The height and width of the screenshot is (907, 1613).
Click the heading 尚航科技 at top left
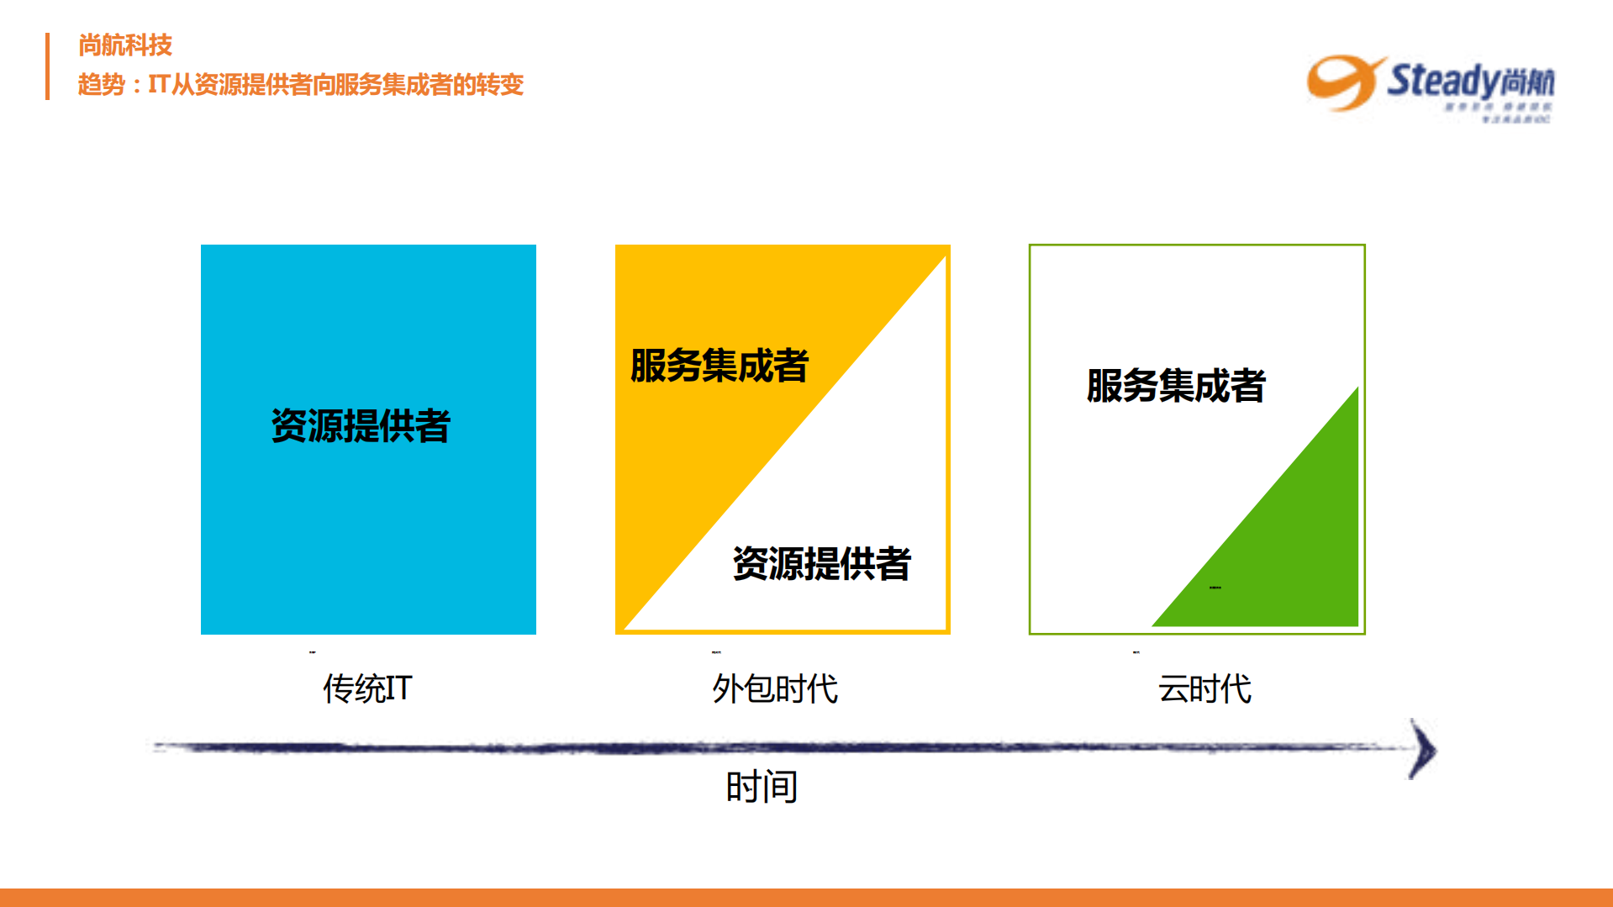(x=124, y=45)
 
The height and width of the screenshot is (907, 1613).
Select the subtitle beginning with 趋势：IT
(x=300, y=85)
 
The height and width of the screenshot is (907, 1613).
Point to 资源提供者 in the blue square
(x=361, y=425)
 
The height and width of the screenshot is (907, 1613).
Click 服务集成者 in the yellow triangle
(x=719, y=366)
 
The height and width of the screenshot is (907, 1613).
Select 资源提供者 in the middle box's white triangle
(x=821, y=563)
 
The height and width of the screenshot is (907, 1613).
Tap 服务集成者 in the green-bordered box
(x=1175, y=386)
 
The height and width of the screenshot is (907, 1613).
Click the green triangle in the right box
(x=1294, y=546)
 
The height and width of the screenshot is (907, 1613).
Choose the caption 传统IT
(x=367, y=688)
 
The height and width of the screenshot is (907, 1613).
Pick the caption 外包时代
(x=774, y=688)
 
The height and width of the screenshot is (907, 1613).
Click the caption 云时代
(x=1204, y=688)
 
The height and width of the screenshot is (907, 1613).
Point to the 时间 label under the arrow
(x=762, y=787)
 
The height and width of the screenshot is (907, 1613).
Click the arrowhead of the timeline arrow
(x=1422, y=749)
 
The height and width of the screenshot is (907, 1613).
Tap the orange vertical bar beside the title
(x=48, y=66)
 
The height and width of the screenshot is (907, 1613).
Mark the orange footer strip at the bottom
(x=806, y=897)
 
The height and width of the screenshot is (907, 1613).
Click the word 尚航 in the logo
(x=1526, y=82)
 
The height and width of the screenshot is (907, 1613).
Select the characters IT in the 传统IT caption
(x=398, y=688)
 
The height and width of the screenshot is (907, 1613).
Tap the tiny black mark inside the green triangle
(x=1215, y=588)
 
